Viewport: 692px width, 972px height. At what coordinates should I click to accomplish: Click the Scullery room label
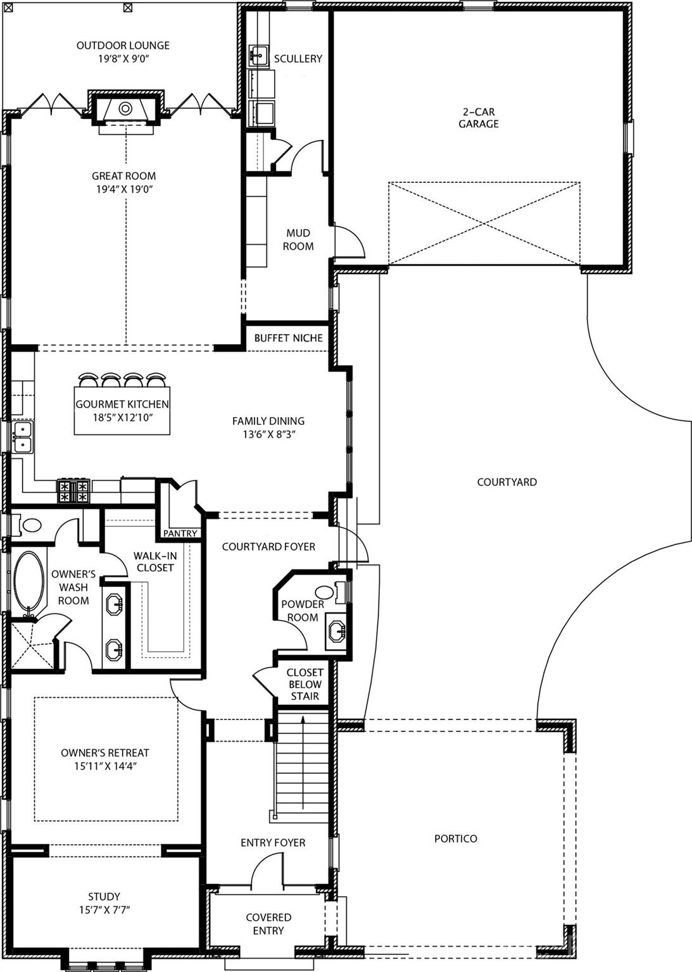click(298, 59)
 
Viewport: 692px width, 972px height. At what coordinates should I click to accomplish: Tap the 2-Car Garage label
click(479, 118)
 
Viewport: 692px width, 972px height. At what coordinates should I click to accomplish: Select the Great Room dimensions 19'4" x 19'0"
click(123, 189)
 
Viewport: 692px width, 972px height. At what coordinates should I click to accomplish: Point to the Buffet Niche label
click(288, 338)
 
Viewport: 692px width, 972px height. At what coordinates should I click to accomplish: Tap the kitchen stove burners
click(74, 491)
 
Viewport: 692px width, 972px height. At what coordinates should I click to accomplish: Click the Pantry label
click(180, 533)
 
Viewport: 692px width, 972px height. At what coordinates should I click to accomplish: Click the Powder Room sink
click(336, 630)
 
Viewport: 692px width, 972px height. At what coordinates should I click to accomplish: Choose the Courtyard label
click(506, 482)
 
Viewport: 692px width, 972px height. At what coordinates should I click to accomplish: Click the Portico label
click(456, 838)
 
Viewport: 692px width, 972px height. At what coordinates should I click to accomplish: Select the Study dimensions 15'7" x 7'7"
click(104, 909)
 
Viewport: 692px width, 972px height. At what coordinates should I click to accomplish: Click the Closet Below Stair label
click(305, 684)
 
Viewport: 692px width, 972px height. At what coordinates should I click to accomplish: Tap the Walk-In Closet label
click(155, 561)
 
